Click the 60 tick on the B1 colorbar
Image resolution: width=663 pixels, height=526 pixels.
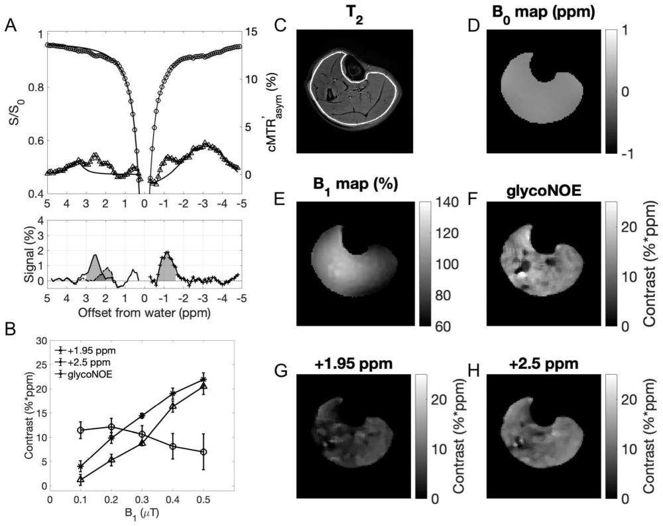[x=438, y=326]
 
